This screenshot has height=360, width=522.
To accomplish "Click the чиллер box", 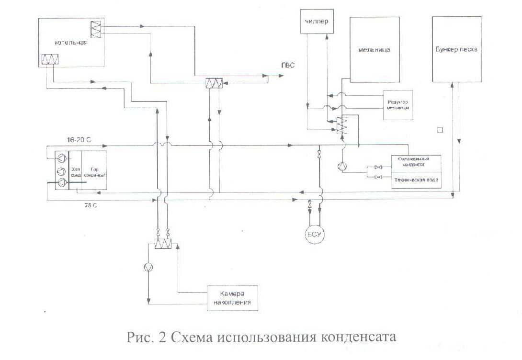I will (x=317, y=22).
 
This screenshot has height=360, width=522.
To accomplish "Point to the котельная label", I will (x=70, y=43).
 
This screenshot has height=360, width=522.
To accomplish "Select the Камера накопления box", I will (x=233, y=299).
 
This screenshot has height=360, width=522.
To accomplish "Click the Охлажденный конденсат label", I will (x=416, y=162).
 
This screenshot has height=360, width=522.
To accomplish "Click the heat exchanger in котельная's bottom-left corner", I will (x=50, y=59).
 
